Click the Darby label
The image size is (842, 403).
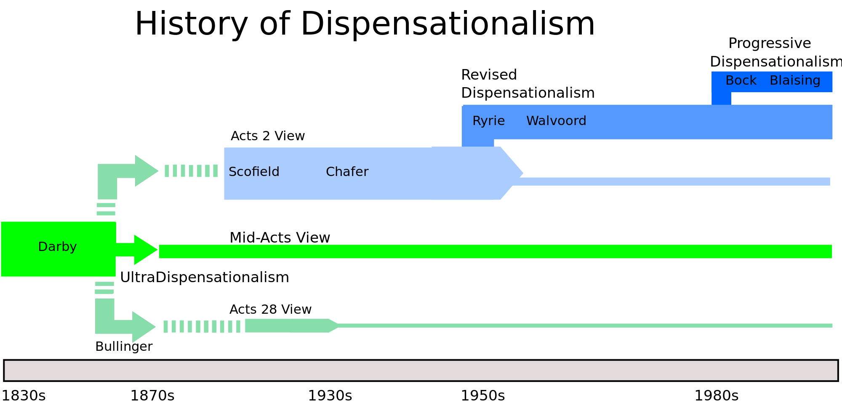pyautogui.click(x=57, y=247)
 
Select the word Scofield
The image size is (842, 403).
pyautogui.click(x=254, y=172)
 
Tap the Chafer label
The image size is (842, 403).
pyautogui.click(x=347, y=172)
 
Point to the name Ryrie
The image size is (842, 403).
pyautogui.click(x=488, y=121)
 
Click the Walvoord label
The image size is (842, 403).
pyautogui.click(x=556, y=121)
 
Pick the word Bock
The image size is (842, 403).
pyautogui.click(x=741, y=80)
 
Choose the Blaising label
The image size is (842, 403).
pyautogui.click(x=795, y=80)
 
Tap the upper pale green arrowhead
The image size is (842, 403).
pyautogui.click(x=146, y=171)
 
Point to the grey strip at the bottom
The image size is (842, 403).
pyautogui.click(x=421, y=371)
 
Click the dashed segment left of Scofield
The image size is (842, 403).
pyautogui.click(x=191, y=171)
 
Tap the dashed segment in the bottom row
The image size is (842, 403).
pyautogui.click(x=202, y=326)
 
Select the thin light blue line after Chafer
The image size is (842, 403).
pyautogui.click(x=674, y=181)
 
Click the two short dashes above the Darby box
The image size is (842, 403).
pyautogui.click(x=106, y=209)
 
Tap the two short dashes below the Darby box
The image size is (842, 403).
pyautogui.click(x=104, y=288)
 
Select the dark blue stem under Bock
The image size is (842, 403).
pyautogui.click(x=721, y=99)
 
